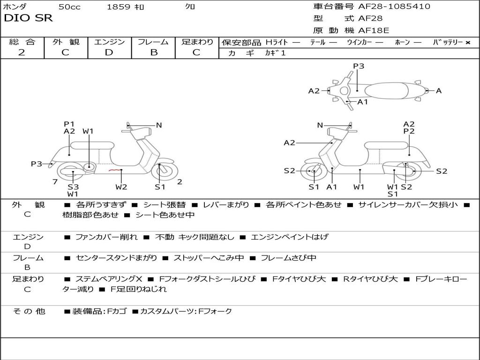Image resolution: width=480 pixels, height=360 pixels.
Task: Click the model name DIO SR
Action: coord(28,18)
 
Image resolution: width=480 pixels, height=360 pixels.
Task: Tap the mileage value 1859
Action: coord(118,7)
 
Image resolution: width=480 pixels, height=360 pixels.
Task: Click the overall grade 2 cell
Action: coord(22,52)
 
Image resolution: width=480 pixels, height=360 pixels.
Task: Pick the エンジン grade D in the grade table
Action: coord(109,52)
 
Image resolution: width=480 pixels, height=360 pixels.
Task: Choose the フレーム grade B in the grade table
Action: coord(153,52)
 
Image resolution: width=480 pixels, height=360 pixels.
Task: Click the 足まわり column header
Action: coord(197,42)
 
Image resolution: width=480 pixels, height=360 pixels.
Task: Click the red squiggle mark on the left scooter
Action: coord(114,170)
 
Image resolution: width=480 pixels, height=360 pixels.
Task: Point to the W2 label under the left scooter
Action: coord(121,187)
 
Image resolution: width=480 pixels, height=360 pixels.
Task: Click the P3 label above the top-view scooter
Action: coord(359,66)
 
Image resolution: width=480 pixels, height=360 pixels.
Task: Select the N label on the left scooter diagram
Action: coord(159,125)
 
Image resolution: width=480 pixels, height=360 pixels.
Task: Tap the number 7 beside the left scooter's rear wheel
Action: coord(55,181)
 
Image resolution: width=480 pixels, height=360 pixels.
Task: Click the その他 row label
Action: coord(29,311)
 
